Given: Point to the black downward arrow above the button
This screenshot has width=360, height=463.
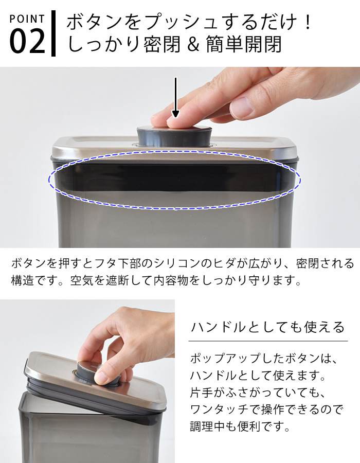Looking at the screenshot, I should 175,98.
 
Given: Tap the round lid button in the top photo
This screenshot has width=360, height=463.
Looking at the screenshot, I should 174,135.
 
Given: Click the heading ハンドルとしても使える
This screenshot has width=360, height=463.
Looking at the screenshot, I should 267,327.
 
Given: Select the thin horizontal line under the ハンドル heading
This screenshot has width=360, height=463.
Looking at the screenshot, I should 267,341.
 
